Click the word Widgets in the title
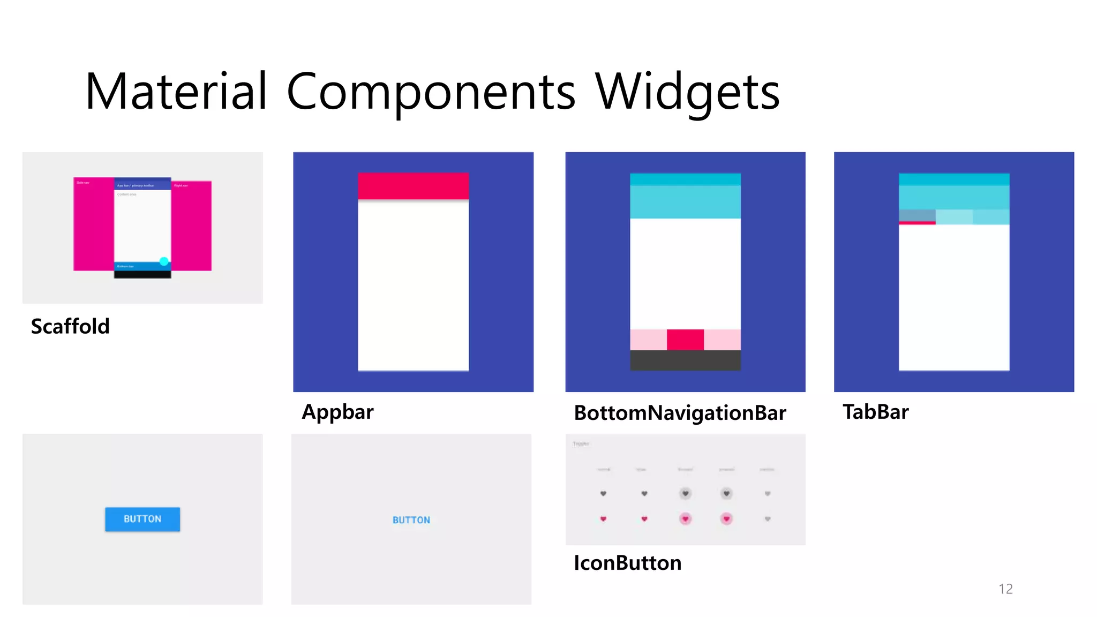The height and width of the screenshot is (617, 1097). pos(687,92)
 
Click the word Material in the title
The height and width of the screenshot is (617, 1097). pos(176,92)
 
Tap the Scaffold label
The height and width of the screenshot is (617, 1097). pos(70,326)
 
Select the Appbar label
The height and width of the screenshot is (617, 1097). pos(337,412)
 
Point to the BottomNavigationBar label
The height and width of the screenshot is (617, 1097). pos(680,413)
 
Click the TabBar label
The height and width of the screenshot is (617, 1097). pos(875,412)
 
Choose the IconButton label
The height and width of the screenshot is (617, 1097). pos(627,563)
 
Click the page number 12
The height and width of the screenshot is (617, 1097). pos(1005,589)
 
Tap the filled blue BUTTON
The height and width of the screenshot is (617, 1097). pos(142,519)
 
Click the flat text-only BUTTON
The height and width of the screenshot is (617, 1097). pos(411,520)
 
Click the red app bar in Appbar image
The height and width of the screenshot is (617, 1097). pos(413,186)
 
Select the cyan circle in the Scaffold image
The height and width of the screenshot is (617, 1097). pos(164,261)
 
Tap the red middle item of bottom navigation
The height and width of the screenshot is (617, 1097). pos(685,340)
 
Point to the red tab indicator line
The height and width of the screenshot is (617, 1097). pos(917,223)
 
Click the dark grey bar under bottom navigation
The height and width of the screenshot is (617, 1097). pos(685,360)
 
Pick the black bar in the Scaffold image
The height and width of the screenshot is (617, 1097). pos(142,274)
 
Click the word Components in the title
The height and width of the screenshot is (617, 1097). pos(431,92)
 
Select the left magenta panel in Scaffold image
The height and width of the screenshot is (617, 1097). pos(94,225)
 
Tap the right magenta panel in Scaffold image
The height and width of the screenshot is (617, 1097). pos(191,225)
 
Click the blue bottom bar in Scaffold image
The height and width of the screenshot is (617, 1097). pos(137,266)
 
